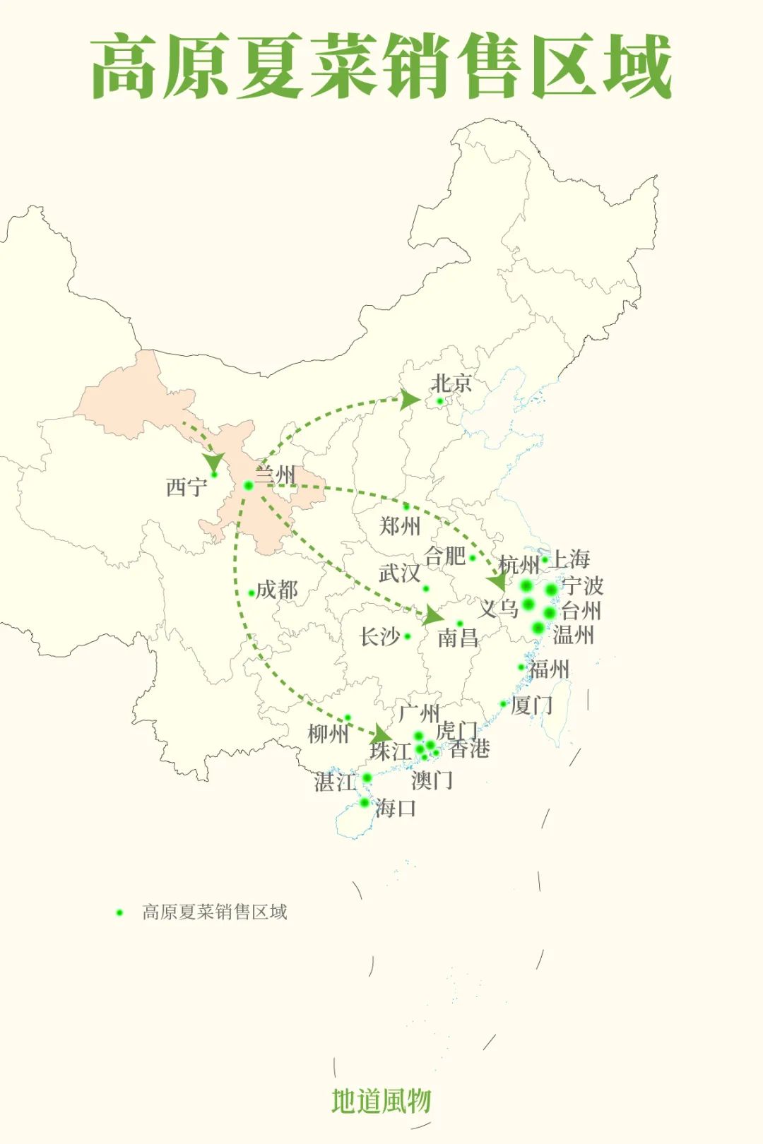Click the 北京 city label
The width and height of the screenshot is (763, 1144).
(451, 383)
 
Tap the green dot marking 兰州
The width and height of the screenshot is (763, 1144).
(248, 485)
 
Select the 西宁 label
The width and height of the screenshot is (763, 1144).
(187, 487)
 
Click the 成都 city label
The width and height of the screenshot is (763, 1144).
(277, 590)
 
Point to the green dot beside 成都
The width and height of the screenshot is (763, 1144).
(252, 593)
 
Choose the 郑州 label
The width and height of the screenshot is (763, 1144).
(400, 525)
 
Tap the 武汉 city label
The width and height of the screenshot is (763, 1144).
(399, 573)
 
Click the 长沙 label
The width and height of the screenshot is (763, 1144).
(380, 636)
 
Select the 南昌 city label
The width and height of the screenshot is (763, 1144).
(458, 638)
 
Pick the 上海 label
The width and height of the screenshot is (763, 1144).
(570, 559)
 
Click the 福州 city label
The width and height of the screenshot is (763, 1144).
(549, 669)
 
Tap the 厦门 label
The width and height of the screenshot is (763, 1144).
(532, 705)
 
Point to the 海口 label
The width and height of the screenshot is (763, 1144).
(396, 807)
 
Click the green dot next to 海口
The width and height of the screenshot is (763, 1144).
(365, 802)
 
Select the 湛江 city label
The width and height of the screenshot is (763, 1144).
(335, 782)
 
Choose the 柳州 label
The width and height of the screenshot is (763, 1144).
(329, 734)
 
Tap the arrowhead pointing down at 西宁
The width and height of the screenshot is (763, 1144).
(213, 463)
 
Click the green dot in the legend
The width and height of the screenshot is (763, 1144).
(119, 912)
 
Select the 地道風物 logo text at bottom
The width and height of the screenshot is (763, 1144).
(381, 1100)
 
